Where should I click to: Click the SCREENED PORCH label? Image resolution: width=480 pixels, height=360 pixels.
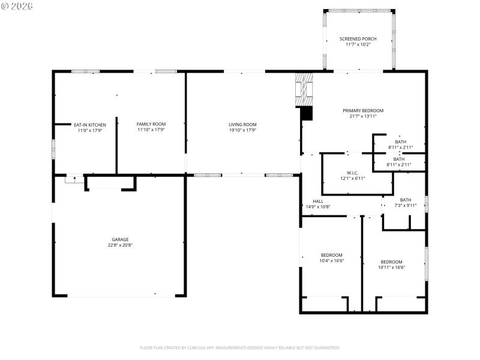click(358, 38)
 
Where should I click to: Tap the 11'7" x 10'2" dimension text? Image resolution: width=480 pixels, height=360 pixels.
click(358, 44)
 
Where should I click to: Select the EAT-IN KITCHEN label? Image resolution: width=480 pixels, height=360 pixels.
click(90, 125)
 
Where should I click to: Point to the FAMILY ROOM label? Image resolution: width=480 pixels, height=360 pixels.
click(151, 124)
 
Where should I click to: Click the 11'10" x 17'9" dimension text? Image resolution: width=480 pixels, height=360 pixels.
click(151, 130)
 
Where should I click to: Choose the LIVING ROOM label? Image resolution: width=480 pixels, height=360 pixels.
click(242, 124)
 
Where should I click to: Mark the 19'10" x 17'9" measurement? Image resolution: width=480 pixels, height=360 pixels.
click(242, 130)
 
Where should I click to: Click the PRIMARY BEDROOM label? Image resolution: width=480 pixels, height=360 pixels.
click(363, 110)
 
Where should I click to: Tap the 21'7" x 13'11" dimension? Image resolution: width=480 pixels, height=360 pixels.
click(363, 116)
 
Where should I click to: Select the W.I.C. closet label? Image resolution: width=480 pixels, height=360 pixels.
click(353, 172)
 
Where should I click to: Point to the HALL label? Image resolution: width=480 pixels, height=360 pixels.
click(318, 201)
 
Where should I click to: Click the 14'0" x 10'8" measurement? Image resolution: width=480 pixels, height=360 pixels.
click(318, 207)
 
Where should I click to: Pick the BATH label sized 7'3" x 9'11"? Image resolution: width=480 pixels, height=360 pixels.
click(406, 200)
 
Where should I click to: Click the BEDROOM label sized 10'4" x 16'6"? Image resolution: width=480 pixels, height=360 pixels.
click(331, 254)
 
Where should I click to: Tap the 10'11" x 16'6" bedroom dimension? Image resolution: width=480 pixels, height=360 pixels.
click(392, 268)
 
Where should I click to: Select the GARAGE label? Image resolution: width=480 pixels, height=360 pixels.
click(120, 239)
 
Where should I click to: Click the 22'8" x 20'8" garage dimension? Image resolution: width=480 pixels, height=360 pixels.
click(120, 245)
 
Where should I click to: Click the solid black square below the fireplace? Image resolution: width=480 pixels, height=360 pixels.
click(307, 113)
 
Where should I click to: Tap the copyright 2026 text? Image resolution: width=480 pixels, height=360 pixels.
click(17, 5)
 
